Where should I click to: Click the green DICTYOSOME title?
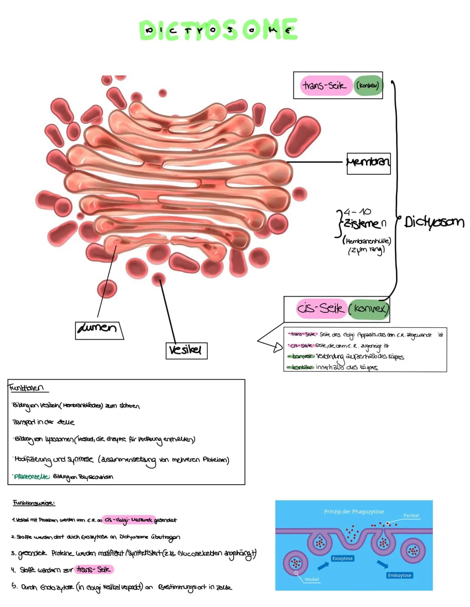pos(218,30)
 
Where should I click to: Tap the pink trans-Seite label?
pos(325,85)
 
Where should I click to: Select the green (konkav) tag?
pos(368,85)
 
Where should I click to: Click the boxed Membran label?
pos(368,163)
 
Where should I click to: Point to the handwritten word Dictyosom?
pos(434,222)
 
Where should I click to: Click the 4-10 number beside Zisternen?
pos(357,212)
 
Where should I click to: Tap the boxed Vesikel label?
pos(186,350)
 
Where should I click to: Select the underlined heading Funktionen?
pos(27,388)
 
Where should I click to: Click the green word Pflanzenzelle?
pos(32,476)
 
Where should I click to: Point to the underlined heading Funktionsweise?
pos(34,503)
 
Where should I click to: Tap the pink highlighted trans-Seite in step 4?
pos(94,569)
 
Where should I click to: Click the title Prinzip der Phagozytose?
pos(354,512)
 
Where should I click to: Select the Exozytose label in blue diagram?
pos(342,558)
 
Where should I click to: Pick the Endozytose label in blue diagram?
pos(399,575)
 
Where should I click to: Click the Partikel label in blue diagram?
pos(411,516)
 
